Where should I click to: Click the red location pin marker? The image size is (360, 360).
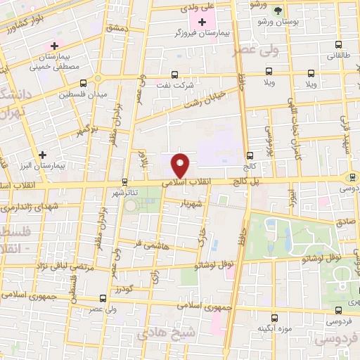181,165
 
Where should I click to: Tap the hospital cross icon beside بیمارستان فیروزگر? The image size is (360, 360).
202,23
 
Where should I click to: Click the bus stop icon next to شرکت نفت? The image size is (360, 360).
175,74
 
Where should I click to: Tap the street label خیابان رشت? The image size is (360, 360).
203,98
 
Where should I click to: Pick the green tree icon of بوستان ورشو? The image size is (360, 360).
279,11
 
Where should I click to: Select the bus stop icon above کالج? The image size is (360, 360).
250,155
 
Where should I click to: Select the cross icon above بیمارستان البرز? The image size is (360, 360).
44,154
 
